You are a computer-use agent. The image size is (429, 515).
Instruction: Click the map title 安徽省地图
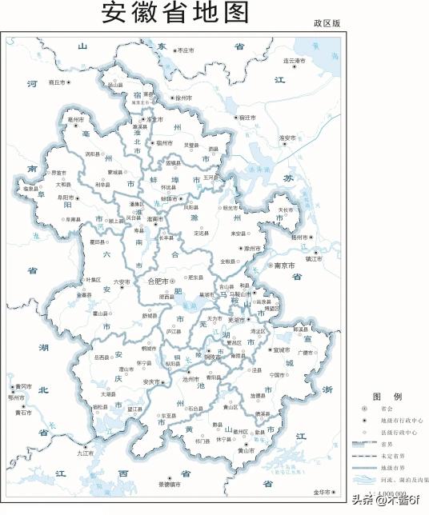click(175, 14)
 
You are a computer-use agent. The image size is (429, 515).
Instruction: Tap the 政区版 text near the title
click(327, 24)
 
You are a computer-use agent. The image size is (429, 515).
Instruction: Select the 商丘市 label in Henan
click(57, 82)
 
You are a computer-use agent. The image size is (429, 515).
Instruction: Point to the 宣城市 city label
click(282, 349)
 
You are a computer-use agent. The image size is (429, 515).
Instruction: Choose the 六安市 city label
click(122, 281)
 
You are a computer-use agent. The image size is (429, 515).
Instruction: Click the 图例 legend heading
click(381, 397)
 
